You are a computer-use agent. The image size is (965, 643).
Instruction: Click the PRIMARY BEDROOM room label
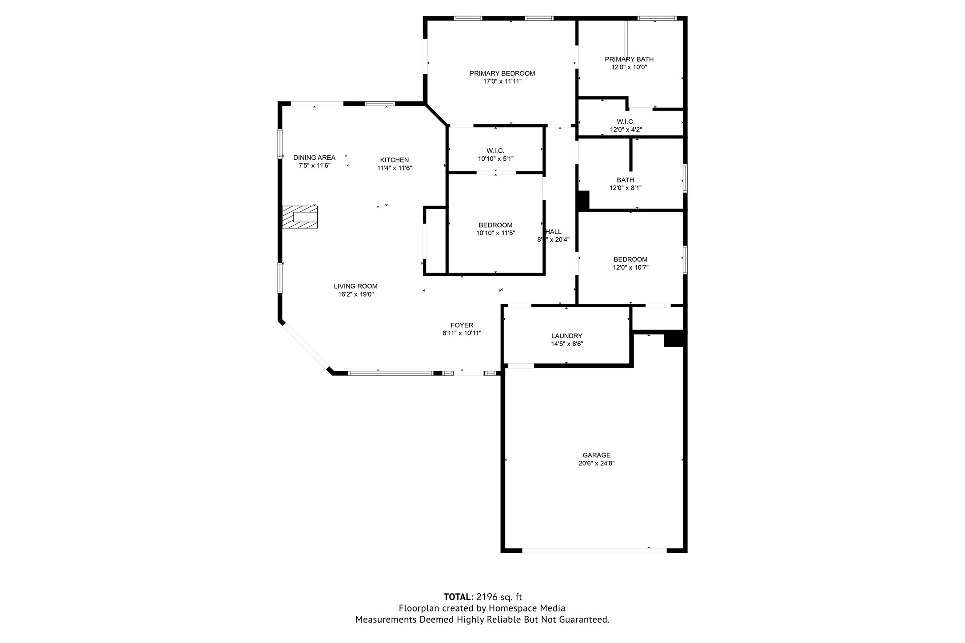click(x=502, y=74)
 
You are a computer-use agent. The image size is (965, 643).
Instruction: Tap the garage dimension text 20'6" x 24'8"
click(x=596, y=463)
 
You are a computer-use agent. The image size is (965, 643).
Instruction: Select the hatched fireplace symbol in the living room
click(x=300, y=217)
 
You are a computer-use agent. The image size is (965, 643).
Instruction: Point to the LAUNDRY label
click(x=566, y=336)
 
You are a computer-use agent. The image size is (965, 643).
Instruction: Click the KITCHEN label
click(x=394, y=160)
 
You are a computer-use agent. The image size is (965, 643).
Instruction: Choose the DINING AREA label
click(x=314, y=158)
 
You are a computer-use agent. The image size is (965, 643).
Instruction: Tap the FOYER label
click(x=462, y=325)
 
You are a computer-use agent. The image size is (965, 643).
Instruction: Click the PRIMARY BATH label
click(x=629, y=60)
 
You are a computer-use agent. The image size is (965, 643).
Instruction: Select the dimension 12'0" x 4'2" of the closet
click(x=626, y=130)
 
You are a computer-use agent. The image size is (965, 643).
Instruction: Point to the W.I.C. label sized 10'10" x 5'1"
click(x=495, y=151)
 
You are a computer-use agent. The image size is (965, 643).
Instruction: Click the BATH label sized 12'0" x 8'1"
click(x=625, y=180)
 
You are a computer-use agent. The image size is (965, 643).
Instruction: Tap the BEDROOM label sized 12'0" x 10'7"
click(x=630, y=260)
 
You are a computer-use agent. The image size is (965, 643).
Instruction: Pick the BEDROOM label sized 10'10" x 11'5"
click(x=495, y=226)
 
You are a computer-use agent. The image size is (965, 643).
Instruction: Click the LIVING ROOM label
click(x=355, y=286)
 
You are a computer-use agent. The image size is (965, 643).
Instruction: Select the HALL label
click(x=554, y=232)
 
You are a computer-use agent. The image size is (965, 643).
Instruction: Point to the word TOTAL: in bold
click(x=458, y=597)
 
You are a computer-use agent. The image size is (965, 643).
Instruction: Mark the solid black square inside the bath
click(x=583, y=201)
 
